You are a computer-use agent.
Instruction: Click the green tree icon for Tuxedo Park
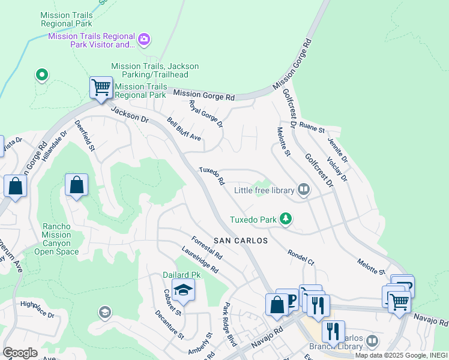point(286,220)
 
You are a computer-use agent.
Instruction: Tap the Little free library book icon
point(304,190)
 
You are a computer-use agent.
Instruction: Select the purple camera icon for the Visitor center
point(143,40)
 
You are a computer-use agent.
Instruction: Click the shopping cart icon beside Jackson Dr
point(101,88)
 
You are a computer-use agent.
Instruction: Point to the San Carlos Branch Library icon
point(372,341)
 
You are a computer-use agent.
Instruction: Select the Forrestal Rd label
point(206,247)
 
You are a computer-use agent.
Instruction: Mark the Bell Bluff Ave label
point(184,128)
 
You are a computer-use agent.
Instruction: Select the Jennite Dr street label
point(337,150)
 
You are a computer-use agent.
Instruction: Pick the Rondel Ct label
point(301,257)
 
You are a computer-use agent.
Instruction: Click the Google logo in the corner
point(20,352)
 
